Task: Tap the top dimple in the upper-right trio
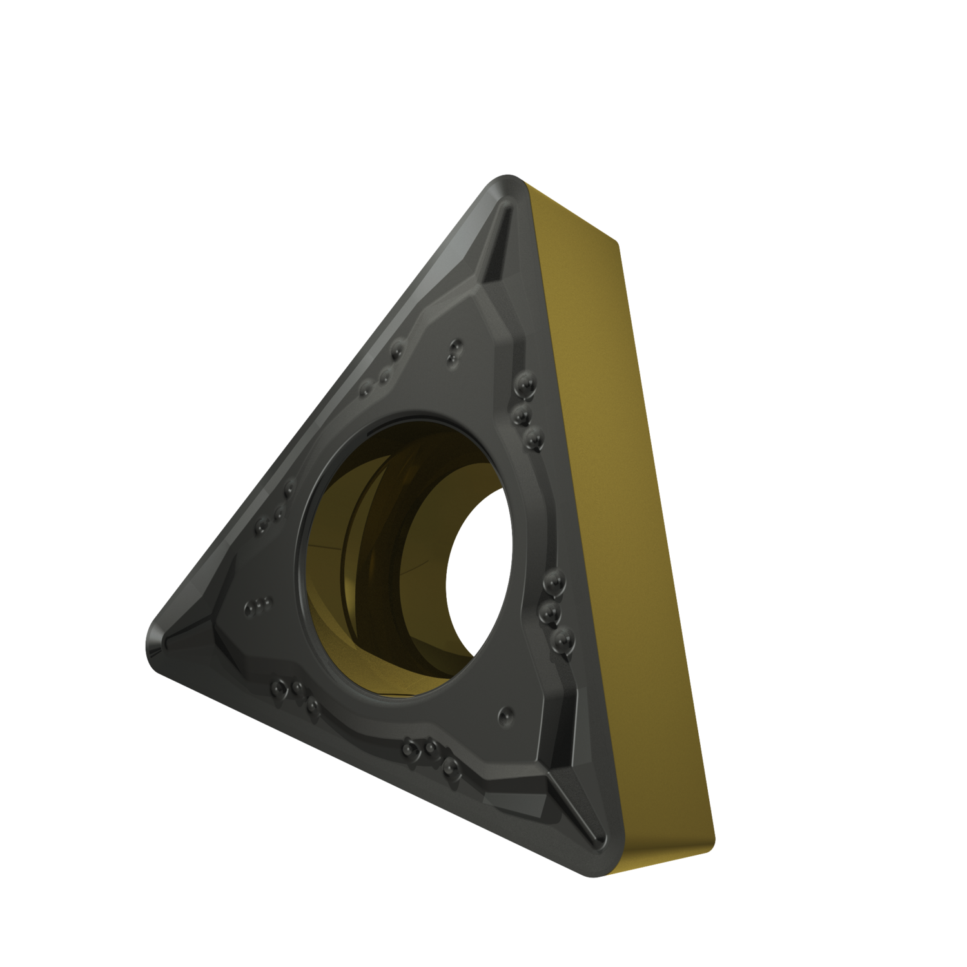(x=524, y=385)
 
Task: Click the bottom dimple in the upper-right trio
(x=532, y=438)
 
